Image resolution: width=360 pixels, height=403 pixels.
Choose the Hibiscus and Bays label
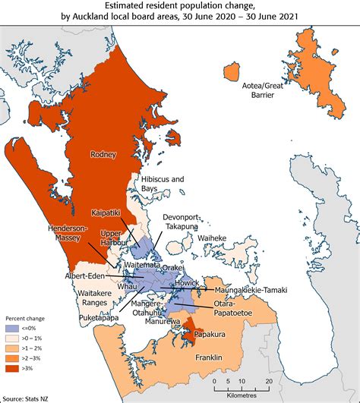(163, 183)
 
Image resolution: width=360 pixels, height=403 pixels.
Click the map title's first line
(179, 8)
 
